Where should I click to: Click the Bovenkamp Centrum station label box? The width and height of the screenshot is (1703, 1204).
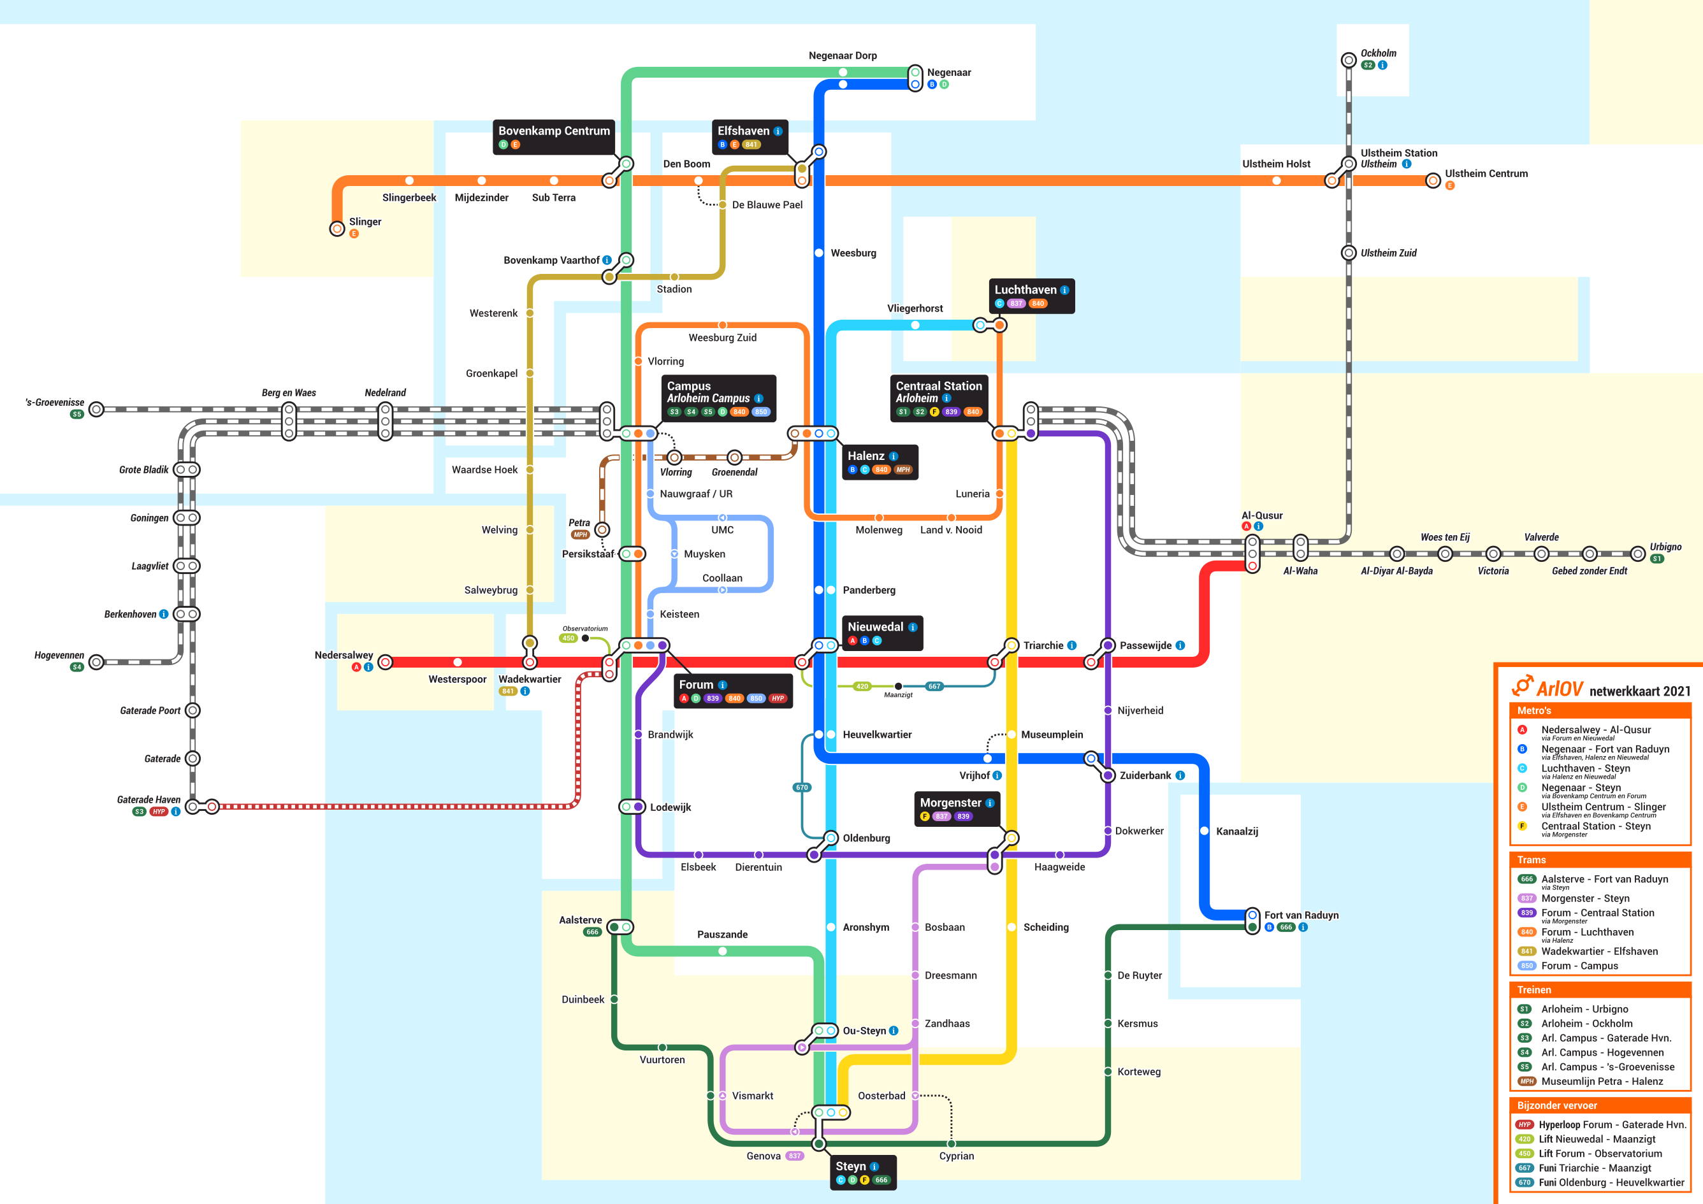tap(553, 136)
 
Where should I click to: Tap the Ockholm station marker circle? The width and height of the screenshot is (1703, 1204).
tap(1349, 60)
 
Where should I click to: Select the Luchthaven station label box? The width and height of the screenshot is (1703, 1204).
tap(1032, 295)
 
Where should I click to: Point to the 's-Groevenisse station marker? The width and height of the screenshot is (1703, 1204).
tap(96, 409)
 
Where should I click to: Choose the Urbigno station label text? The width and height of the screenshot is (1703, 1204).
tap(1665, 547)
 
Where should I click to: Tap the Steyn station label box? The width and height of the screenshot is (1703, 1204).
tap(862, 1172)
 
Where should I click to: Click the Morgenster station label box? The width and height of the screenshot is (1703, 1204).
tap(956, 808)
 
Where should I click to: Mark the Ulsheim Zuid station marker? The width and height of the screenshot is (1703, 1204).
tap(1349, 253)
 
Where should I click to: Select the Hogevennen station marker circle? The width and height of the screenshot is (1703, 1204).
tap(96, 663)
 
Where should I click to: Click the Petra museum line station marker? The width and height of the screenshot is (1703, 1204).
tap(602, 529)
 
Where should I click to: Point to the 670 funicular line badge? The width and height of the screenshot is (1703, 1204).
tap(802, 787)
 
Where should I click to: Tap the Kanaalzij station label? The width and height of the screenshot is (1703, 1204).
tap(1236, 831)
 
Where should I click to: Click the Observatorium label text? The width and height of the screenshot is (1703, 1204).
tap(584, 629)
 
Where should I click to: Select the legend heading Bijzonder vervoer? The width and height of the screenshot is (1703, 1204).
tap(1557, 1105)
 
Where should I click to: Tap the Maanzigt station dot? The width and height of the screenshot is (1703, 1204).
tap(898, 687)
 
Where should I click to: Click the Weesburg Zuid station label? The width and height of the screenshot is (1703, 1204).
tap(723, 338)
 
